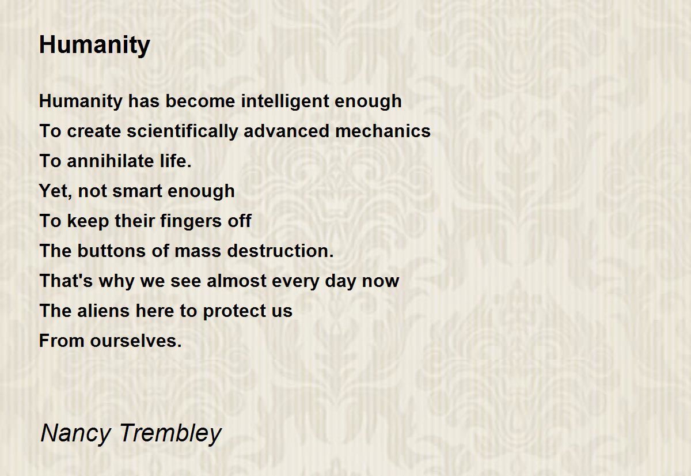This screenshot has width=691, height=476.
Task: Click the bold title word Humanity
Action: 94,46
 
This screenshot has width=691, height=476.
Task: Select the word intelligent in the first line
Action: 285,101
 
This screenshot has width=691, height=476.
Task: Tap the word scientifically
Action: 183,131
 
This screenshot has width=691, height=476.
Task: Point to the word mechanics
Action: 382,131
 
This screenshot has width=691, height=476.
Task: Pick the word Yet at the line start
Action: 54,191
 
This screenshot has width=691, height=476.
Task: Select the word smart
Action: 137,191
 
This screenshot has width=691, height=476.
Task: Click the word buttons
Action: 111,251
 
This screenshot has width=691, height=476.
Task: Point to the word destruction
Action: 280,251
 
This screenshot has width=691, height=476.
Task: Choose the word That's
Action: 66,281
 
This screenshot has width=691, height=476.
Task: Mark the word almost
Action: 237,281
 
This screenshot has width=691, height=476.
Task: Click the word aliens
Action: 103,311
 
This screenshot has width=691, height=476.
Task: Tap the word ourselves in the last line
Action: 135,341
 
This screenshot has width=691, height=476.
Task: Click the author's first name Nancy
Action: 75,434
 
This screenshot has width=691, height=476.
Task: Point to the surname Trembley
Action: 170,434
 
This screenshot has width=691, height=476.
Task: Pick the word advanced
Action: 287,131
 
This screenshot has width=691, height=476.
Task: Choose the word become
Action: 200,101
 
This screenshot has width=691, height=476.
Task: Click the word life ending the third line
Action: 175,161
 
